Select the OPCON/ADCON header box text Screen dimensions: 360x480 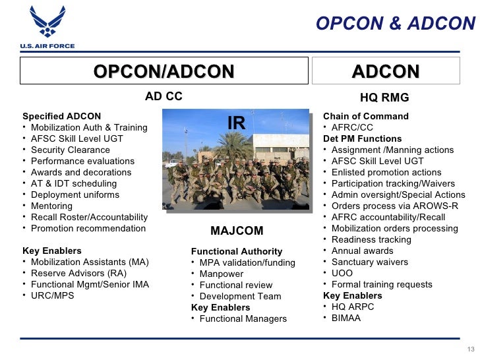click(x=164, y=71)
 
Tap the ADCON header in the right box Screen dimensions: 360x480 click(x=386, y=71)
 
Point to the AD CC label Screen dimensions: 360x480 click(x=164, y=97)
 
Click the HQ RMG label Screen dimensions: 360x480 click(x=384, y=98)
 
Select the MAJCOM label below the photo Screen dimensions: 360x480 click(x=237, y=231)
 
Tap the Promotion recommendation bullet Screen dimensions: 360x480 click(x=88, y=228)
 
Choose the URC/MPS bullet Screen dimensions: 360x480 click(x=53, y=295)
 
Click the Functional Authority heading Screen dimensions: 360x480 click(x=237, y=251)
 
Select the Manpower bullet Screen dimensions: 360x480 click(x=222, y=274)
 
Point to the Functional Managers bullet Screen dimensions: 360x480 click(x=243, y=318)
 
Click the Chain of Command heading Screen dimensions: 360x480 click(x=366, y=116)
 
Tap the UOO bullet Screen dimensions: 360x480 click(x=342, y=273)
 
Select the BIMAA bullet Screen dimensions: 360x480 click(x=347, y=318)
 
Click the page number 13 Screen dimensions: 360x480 click(x=469, y=349)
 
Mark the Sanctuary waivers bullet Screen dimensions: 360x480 click(x=370, y=262)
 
